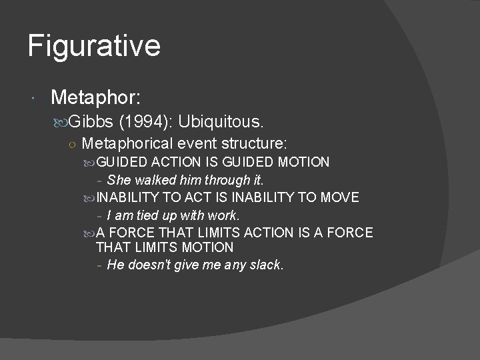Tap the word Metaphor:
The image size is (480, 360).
pyautogui.click(x=95, y=99)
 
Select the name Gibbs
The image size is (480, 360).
pyautogui.click(x=93, y=122)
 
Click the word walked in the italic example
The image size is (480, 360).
pyautogui.click(x=154, y=179)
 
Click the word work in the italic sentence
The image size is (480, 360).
pyautogui.click(x=223, y=215)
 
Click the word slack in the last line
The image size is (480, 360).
pyautogui.click(x=266, y=265)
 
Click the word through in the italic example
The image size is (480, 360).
pyautogui.click(x=227, y=179)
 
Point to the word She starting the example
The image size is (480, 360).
pyautogui.click(x=119, y=179)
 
